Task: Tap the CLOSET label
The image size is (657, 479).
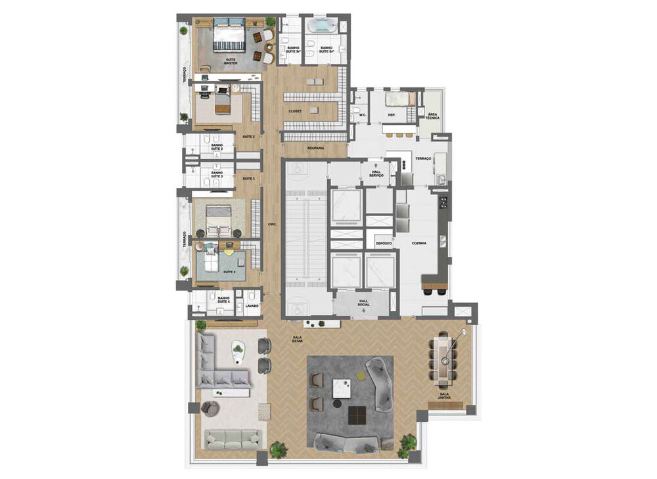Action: (x=295, y=112)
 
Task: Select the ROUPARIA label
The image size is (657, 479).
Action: (x=315, y=148)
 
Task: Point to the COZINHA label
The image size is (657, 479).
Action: (x=419, y=243)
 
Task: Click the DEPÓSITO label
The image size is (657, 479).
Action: (x=384, y=243)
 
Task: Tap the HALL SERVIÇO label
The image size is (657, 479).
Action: (x=376, y=173)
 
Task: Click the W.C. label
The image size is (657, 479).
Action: (x=362, y=115)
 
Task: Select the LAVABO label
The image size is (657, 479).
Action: (x=252, y=306)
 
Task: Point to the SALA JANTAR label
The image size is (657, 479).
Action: (x=449, y=396)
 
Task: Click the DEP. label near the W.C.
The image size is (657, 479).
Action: (x=391, y=115)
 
